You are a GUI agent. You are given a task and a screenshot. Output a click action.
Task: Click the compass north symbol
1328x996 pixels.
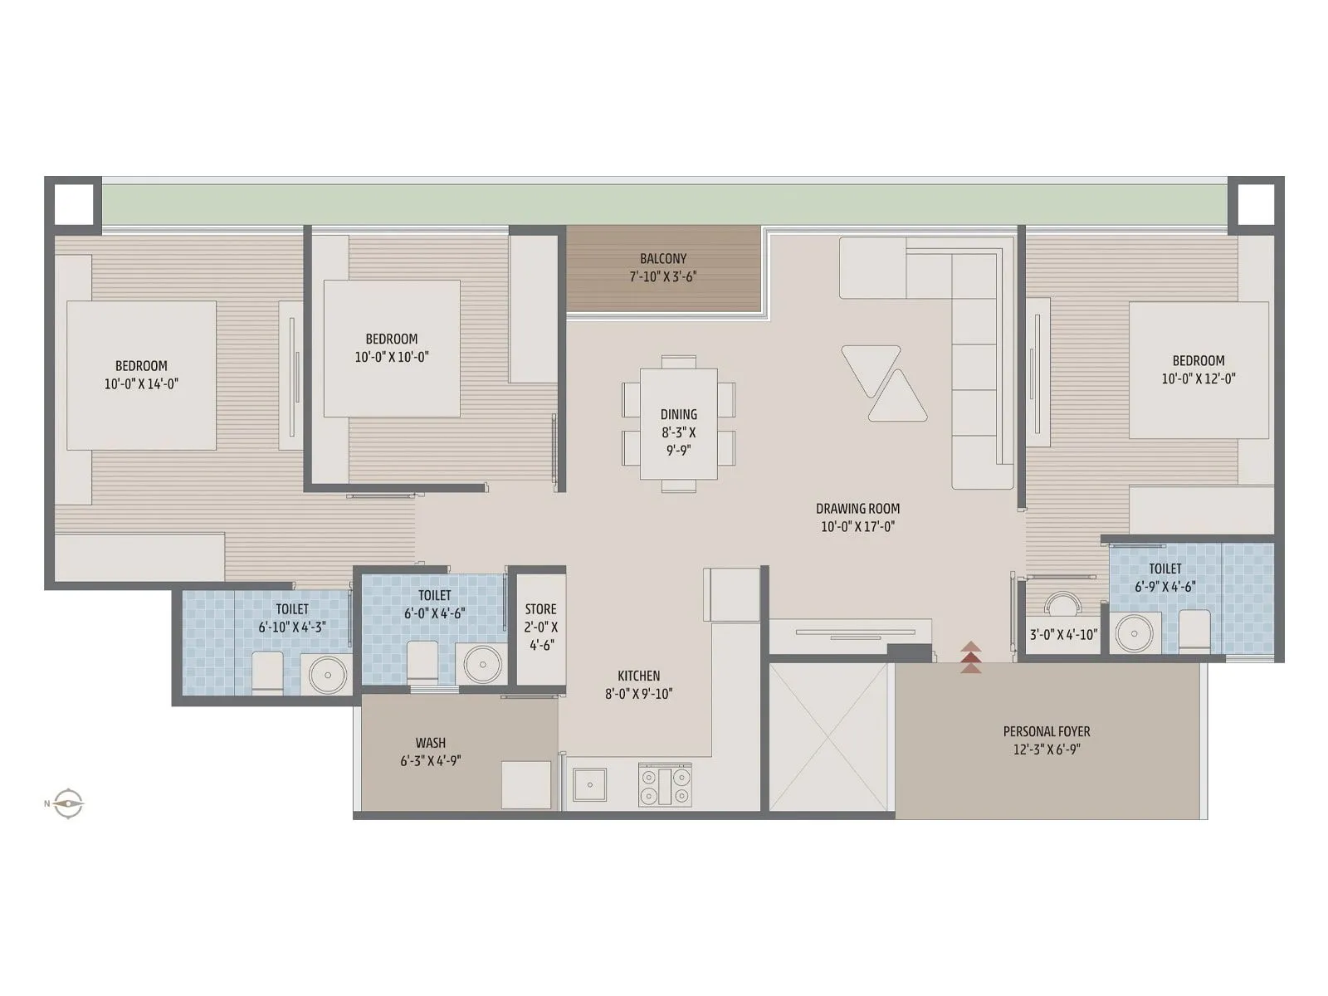(66, 803)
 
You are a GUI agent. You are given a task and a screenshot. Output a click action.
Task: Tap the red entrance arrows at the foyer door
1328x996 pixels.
(971, 657)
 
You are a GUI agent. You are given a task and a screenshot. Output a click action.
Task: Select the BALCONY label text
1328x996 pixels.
(662, 259)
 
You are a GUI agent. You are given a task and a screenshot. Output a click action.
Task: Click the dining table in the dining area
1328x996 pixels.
(678, 423)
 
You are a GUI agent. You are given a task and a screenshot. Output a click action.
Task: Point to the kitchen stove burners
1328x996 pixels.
(665, 785)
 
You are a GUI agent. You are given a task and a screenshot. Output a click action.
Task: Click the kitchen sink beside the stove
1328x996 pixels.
(589, 784)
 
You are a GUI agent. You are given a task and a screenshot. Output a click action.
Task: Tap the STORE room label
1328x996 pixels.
(540, 609)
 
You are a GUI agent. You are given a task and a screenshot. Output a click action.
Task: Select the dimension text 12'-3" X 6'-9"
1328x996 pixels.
(1046, 749)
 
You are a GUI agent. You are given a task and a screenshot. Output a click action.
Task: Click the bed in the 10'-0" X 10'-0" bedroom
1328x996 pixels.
(391, 349)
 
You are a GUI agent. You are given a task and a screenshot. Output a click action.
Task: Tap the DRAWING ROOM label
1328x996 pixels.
(857, 509)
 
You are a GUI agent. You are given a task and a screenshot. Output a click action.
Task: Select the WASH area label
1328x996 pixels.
(431, 743)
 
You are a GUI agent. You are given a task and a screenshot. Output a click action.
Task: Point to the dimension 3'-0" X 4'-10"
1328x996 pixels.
(1063, 635)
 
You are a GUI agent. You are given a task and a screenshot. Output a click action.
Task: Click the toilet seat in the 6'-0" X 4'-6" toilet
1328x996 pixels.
(422, 662)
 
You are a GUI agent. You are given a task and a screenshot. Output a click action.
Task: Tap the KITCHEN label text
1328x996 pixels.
(638, 676)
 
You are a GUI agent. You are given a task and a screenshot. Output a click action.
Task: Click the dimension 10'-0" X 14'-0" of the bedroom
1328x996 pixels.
(141, 383)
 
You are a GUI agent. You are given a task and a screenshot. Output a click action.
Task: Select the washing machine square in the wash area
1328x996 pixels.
(526, 784)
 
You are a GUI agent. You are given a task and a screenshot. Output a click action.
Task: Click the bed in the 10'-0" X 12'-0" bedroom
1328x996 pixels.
(1198, 370)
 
